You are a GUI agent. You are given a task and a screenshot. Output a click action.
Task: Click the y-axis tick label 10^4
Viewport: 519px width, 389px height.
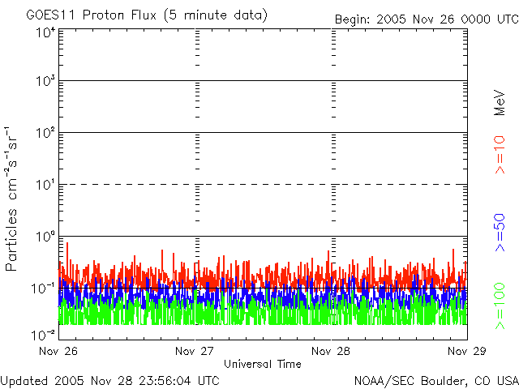pos(45,33)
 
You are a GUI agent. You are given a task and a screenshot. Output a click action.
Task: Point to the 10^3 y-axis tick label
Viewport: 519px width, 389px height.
pos(45,83)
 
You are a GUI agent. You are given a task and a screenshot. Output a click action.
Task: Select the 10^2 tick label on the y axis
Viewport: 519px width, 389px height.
pos(45,134)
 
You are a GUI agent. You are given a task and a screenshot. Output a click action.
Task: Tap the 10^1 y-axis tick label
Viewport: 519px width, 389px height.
pos(45,186)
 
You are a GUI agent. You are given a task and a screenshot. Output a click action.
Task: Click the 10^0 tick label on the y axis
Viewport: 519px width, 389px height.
pos(45,237)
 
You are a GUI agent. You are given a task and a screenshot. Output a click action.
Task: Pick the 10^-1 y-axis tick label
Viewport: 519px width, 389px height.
pos(44,289)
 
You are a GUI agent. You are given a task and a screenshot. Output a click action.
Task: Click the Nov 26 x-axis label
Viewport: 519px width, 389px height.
pos(58,351)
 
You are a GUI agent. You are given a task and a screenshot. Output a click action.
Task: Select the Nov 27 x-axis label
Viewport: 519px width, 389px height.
pos(195,351)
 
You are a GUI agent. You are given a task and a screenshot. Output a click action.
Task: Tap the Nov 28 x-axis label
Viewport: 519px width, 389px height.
pos(331,351)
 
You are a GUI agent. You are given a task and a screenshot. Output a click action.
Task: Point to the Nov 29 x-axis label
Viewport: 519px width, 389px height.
pos(466,351)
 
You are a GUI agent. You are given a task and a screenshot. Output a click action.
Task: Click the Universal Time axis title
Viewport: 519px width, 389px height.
pos(262,364)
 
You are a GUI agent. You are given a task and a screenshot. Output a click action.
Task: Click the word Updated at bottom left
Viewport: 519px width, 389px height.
pos(26,380)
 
